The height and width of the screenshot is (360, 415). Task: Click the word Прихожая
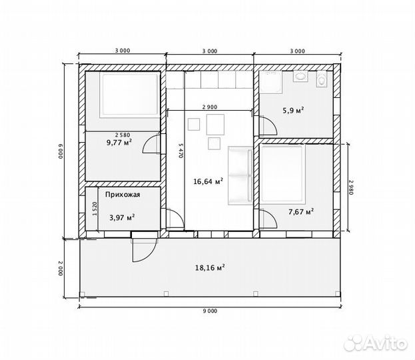pyautogui.click(x=123, y=195)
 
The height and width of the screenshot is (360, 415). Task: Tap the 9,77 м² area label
pyautogui.click(x=119, y=143)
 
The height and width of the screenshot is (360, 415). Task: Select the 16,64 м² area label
pyautogui.click(x=208, y=181)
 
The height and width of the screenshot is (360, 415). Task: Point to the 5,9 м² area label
pyautogui.click(x=293, y=110)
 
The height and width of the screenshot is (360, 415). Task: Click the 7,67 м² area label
pyautogui.click(x=301, y=211)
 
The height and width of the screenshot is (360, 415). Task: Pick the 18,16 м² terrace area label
pyautogui.click(x=210, y=267)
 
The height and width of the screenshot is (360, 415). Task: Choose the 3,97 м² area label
pyautogui.click(x=123, y=217)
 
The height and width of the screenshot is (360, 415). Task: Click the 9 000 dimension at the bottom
pyautogui.click(x=210, y=311)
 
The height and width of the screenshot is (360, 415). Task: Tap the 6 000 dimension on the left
pyautogui.click(x=61, y=151)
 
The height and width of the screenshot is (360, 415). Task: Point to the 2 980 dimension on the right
pyautogui.click(x=351, y=187)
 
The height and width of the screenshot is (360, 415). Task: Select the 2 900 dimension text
pyautogui.click(x=210, y=107)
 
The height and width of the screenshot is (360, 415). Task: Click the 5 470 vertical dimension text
pyautogui.click(x=181, y=151)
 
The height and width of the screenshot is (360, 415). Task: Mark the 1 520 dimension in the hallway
pyautogui.click(x=95, y=209)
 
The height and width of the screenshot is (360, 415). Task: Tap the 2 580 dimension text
pyautogui.click(x=123, y=135)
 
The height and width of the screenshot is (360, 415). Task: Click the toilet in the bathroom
pyautogui.click(x=322, y=79)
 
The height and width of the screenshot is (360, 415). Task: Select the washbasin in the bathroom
pyautogui.click(x=300, y=76)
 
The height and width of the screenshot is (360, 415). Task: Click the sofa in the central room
pyautogui.click(x=240, y=175)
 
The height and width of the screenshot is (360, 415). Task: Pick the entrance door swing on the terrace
pyautogui.click(x=144, y=249)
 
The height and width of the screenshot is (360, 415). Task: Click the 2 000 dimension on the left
pyautogui.click(x=61, y=268)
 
